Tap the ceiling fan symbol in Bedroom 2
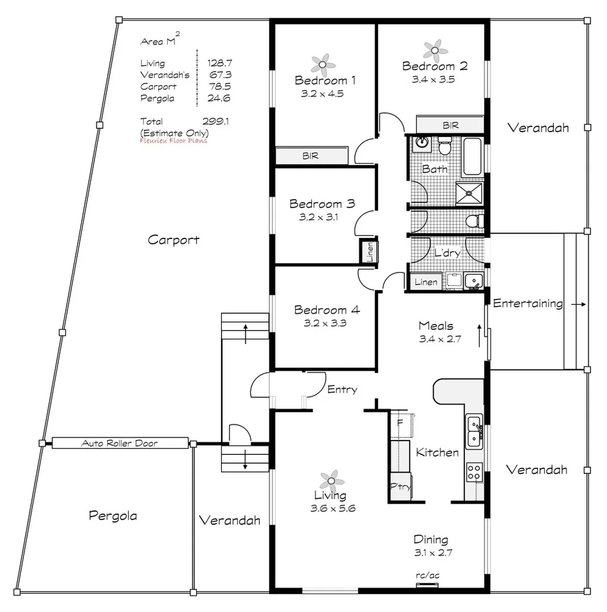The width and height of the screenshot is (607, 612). [x=435, y=49]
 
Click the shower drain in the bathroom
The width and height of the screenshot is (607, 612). [x=471, y=192]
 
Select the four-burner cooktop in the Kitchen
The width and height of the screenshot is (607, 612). [x=474, y=472]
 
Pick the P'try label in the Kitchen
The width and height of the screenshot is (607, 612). [x=400, y=486]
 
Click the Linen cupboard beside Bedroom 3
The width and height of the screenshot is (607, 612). [x=369, y=252]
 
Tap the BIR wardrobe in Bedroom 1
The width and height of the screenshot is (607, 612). [x=311, y=156]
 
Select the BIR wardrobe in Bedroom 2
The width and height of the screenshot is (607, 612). [x=449, y=125]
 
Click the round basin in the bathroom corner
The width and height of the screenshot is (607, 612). [x=422, y=142]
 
